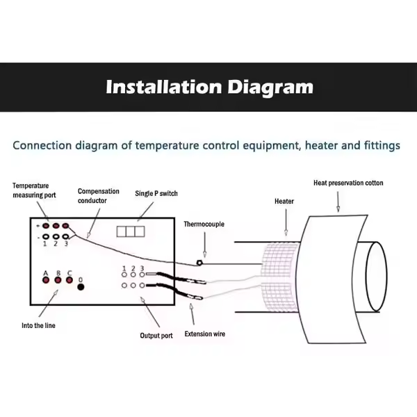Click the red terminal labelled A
tap(46, 280)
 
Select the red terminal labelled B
tap(58, 280)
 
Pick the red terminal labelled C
tap(69, 280)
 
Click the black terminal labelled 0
tap(81, 286)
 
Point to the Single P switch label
tap(156, 193)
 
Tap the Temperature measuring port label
tap(31, 190)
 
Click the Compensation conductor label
tap(98, 195)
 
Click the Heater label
tap(284, 201)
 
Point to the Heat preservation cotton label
tap(347, 183)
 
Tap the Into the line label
tap(38, 325)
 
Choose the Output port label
tap(156, 336)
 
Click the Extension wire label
tap(204, 334)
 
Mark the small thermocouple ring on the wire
tap(199, 263)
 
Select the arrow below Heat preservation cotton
tap(338, 202)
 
